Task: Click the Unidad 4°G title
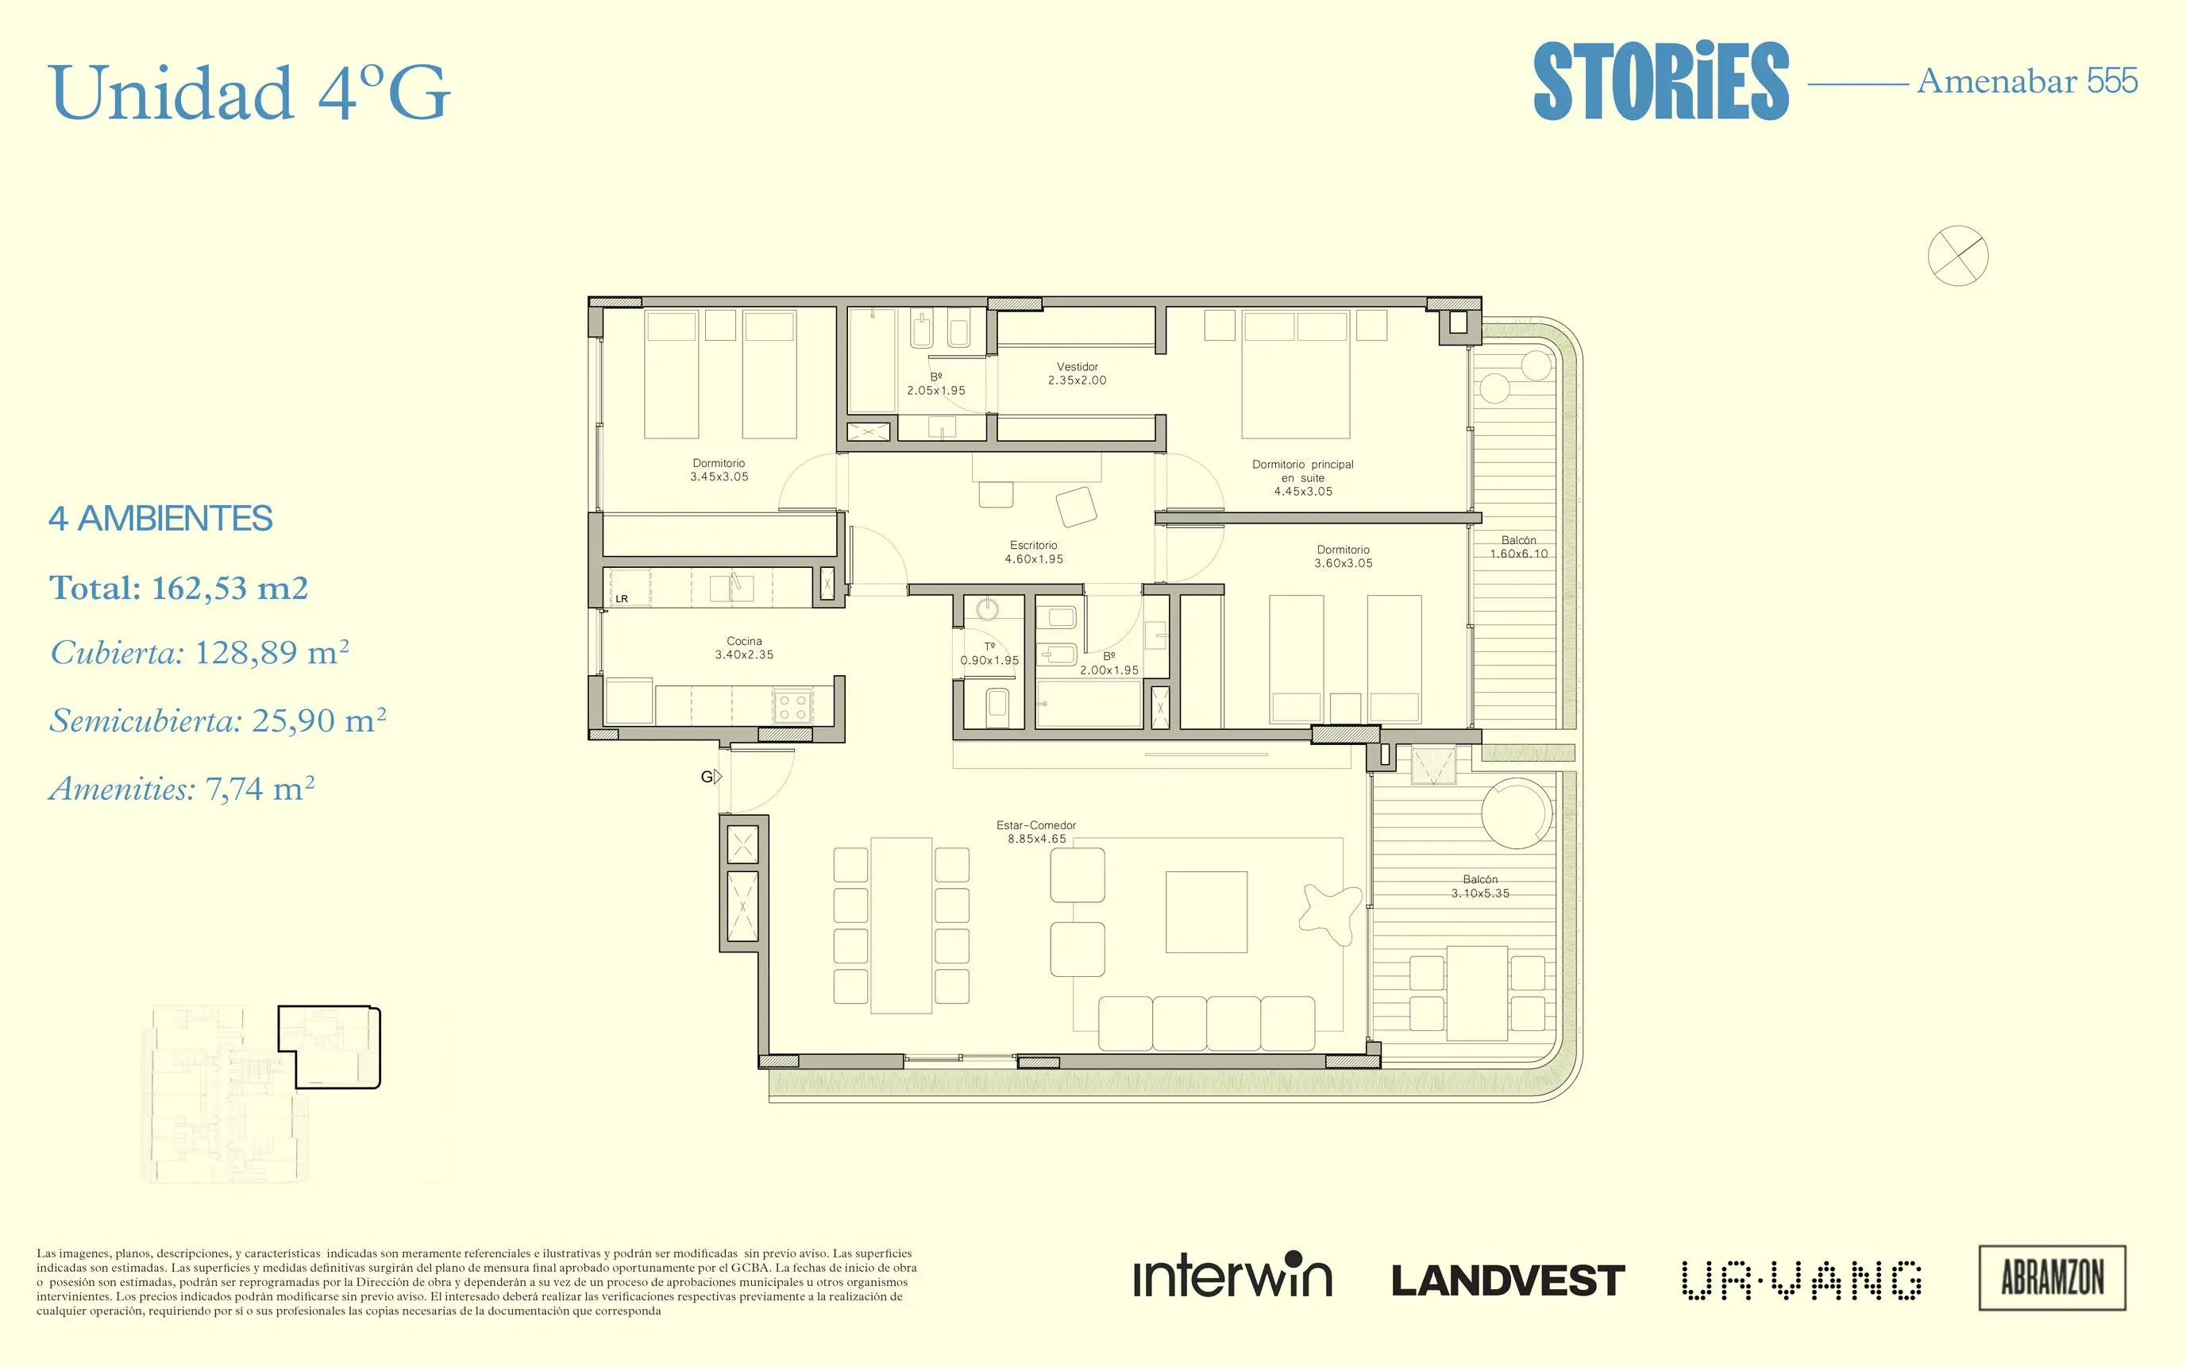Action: click(249, 92)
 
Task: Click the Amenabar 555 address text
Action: click(2027, 81)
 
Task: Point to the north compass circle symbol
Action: click(1957, 256)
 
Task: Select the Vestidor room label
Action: click(1078, 373)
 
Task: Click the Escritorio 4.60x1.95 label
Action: click(1034, 552)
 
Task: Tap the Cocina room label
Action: click(744, 648)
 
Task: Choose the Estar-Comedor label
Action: click(1036, 832)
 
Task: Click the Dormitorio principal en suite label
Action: click(1303, 477)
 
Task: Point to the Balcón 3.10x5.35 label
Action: click(1480, 886)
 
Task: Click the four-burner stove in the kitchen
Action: click(792, 706)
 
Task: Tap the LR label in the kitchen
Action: click(622, 599)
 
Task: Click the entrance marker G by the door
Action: click(711, 777)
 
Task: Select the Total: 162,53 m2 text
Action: click(179, 589)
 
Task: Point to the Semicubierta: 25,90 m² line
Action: click(218, 720)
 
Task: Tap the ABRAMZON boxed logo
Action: click(2053, 1277)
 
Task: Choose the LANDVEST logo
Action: click(1508, 1280)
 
